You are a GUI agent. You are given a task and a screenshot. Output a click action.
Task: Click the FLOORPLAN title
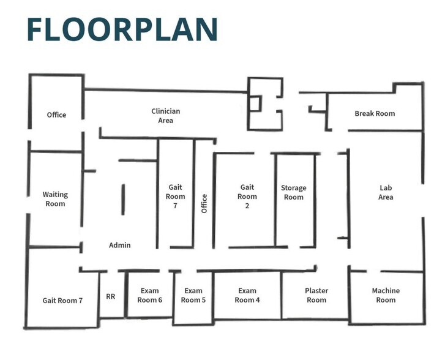(x=122, y=29)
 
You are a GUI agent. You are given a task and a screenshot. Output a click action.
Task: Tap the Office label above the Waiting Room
(x=56, y=114)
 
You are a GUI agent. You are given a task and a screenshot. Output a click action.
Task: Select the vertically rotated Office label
(x=204, y=203)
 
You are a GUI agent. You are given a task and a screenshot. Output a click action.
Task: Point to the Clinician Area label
(x=166, y=116)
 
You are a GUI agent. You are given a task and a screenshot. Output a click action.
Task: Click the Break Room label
(x=375, y=113)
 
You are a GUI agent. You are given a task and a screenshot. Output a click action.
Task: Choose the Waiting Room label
(x=55, y=199)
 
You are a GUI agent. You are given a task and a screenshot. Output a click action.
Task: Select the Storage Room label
(x=294, y=192)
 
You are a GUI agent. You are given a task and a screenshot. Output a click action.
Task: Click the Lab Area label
(x=386, y=192)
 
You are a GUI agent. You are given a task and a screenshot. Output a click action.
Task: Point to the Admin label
(x=119, y=245)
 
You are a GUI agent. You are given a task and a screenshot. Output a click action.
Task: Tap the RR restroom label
(x=111, y=296)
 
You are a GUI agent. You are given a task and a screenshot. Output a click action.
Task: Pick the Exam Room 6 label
(x=150, y=295)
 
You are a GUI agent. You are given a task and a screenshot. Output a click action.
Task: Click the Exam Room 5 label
(x=193, y=295)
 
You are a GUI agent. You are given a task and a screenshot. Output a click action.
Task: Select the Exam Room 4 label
(x=247, y=295)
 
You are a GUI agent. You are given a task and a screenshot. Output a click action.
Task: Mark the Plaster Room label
(x=316, y=295)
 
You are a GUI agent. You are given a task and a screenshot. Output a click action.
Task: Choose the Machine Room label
(x=386, y=295)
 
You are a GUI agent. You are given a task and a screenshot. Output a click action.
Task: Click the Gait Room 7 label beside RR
(x=62, y=301)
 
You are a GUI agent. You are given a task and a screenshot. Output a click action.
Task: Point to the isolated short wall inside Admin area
(x=123, y=199)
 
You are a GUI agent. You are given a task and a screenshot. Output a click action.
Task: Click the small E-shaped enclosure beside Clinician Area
(x=264, y=104)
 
